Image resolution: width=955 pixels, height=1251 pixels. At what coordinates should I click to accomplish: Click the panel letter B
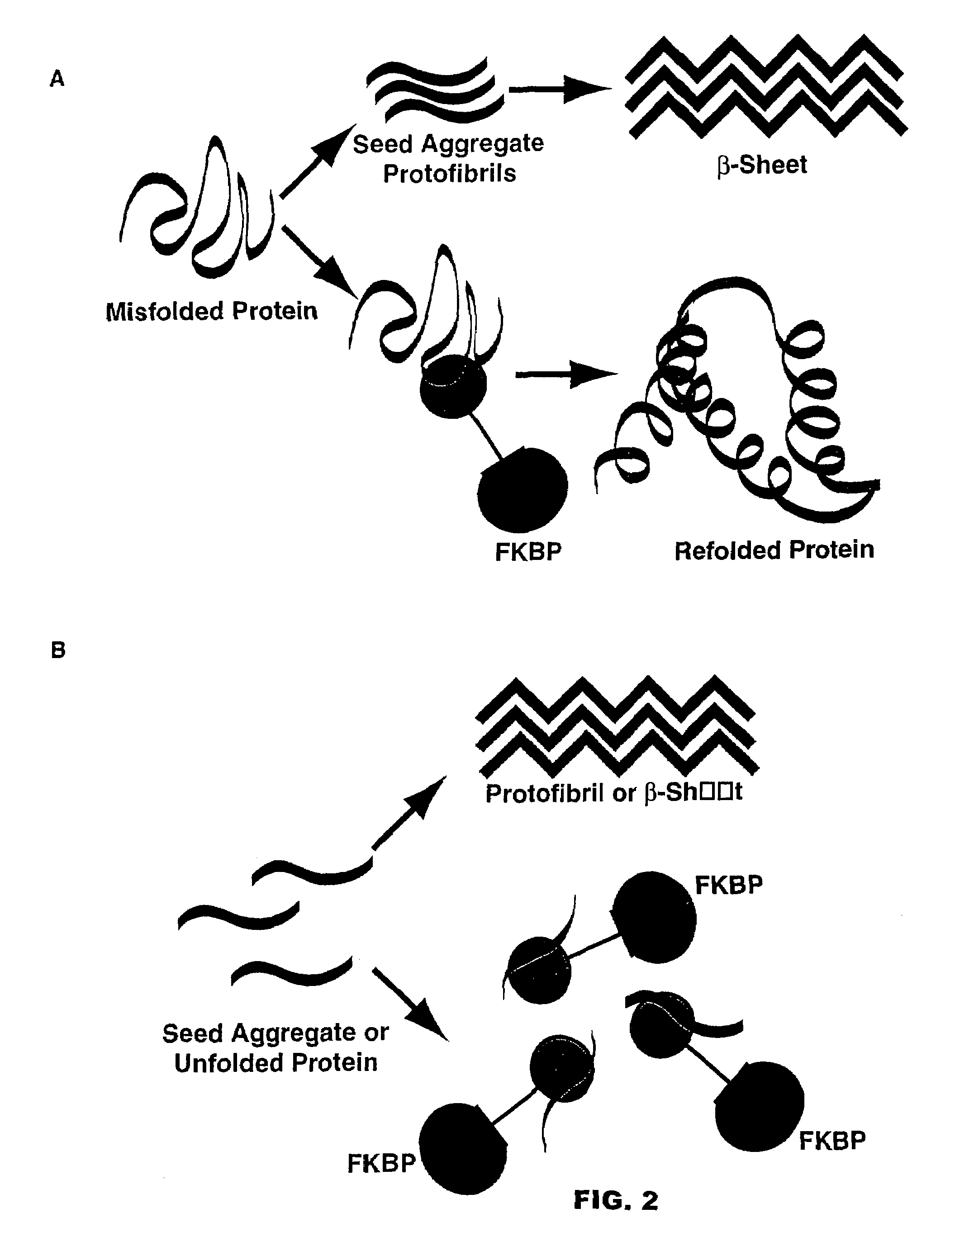pos(58,649)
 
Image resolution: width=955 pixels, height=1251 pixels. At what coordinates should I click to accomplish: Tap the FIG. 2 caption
pos(616,1200)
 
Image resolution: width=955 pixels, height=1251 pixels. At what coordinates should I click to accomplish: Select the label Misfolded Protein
pos(211,312)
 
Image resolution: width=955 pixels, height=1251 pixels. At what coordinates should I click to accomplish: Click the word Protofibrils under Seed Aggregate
pos(449,173)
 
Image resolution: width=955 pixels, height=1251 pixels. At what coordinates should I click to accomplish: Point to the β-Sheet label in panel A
pos(762,165)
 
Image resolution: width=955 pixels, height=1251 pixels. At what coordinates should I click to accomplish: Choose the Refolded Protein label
pos(774,550)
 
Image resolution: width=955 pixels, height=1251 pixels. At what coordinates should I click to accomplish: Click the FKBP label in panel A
pos(528,552)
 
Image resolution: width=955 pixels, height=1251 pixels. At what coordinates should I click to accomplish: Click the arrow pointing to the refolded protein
pos(565,374)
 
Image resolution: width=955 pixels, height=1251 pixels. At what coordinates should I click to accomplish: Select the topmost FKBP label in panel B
pos(729,886)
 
